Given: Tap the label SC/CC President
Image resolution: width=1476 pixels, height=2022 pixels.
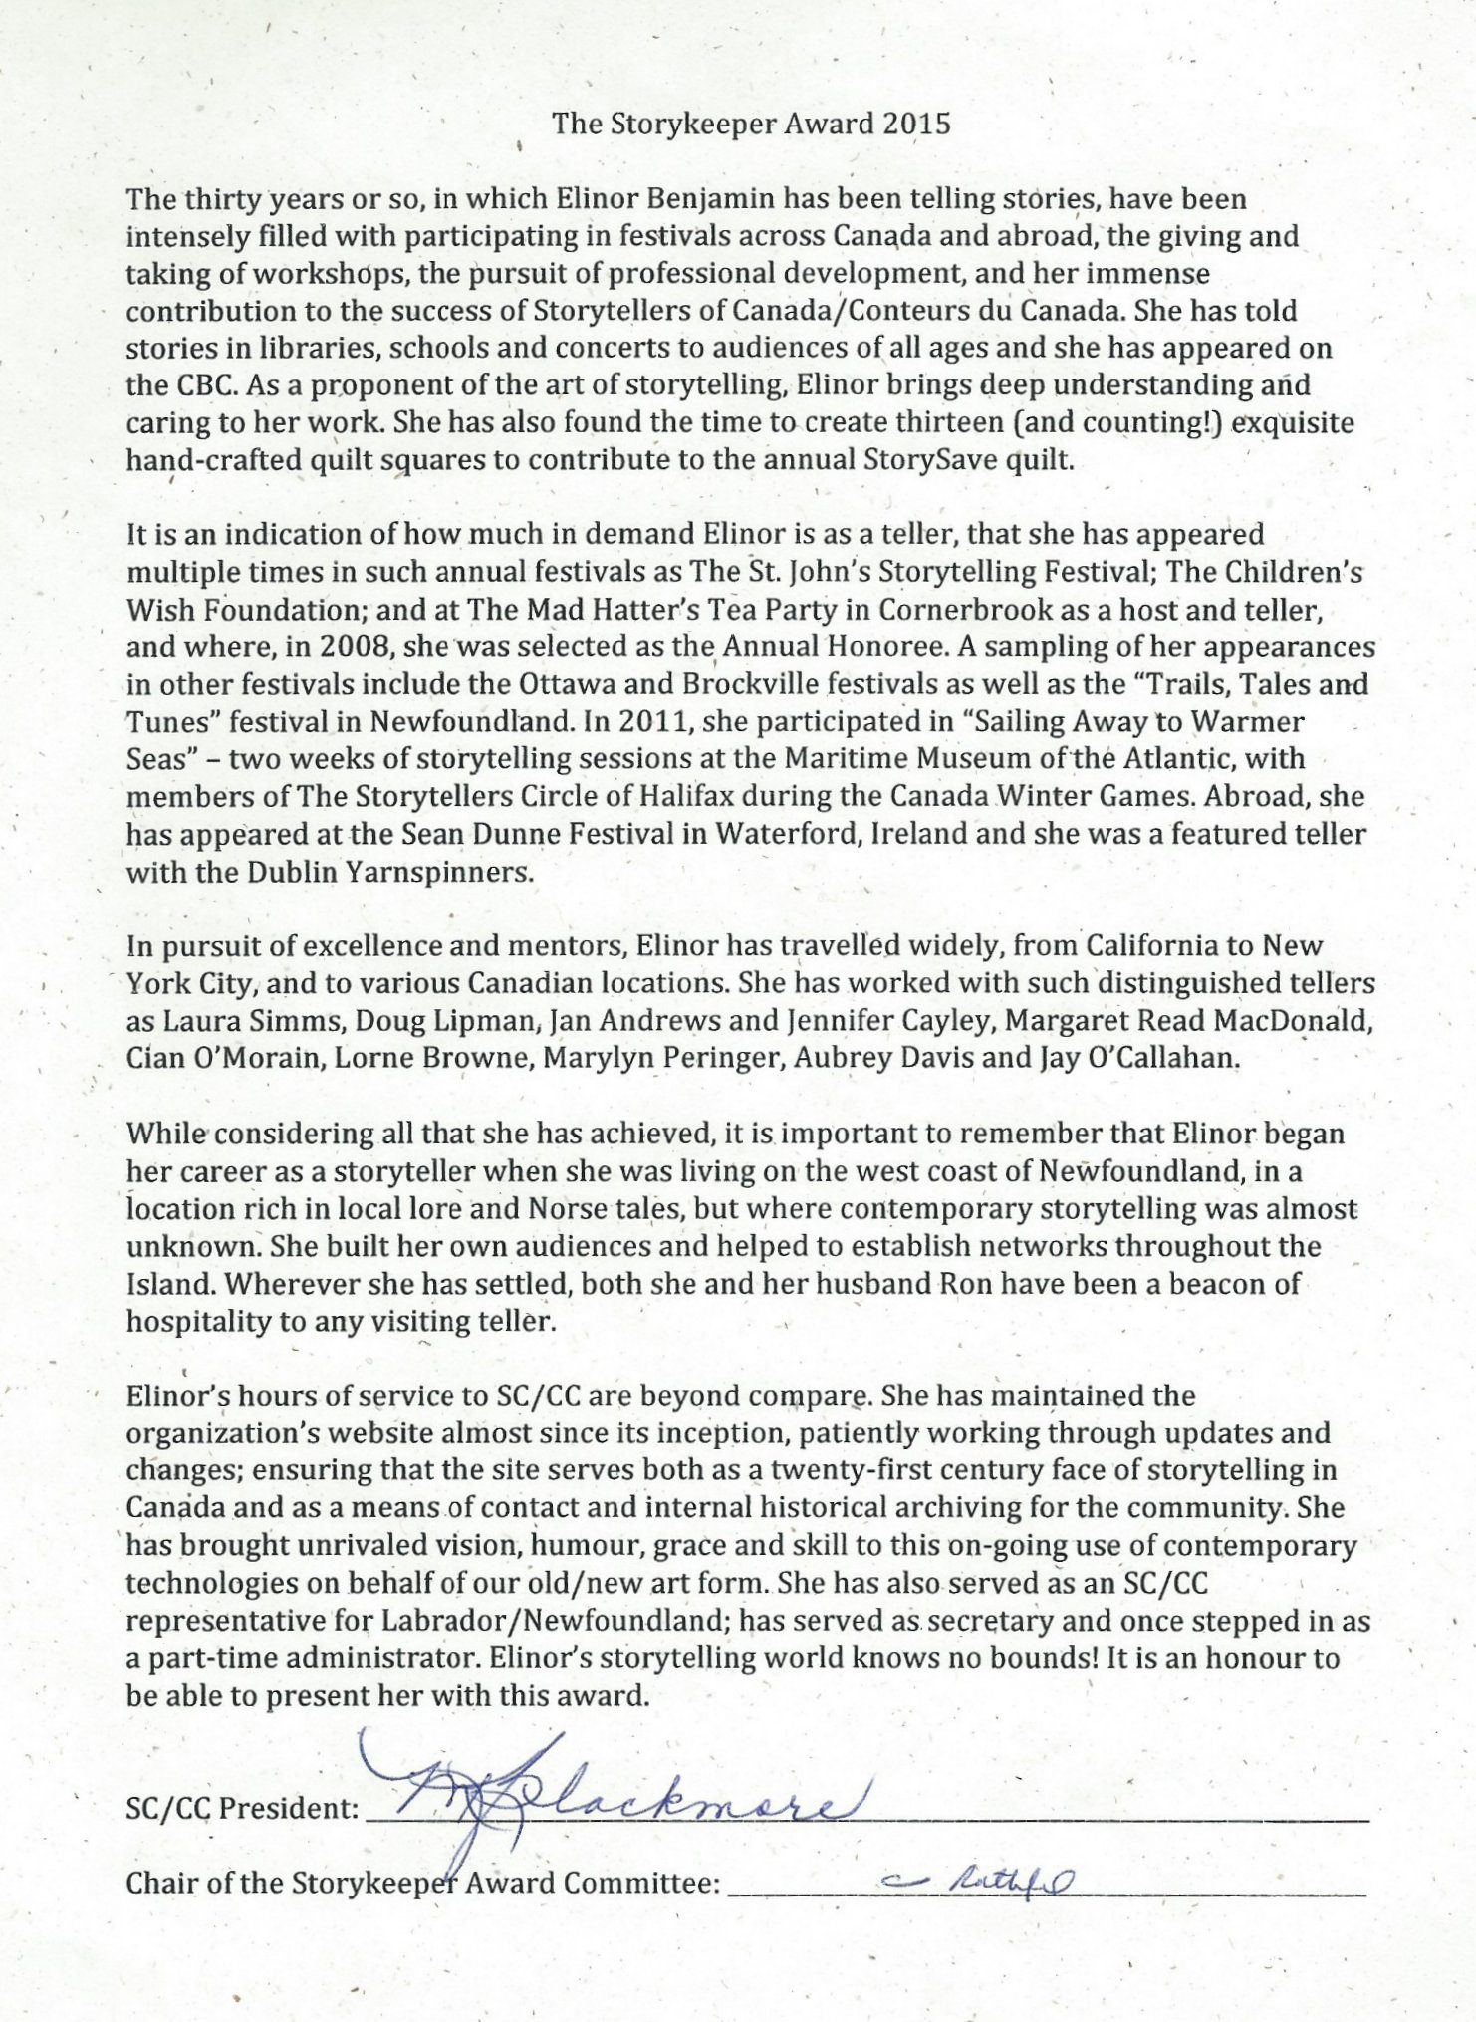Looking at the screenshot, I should tap(242, 1809).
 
